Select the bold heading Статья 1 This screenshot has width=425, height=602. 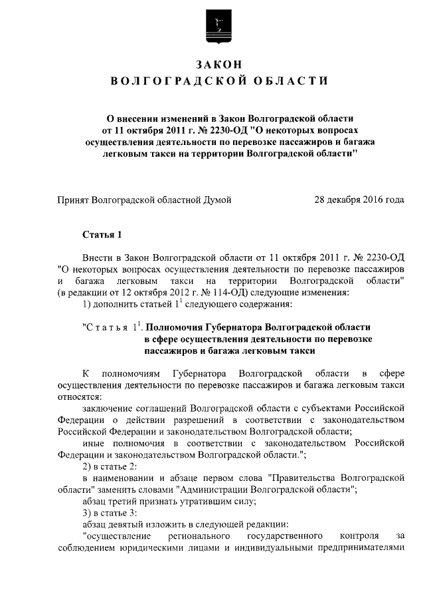tap(102, 234)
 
